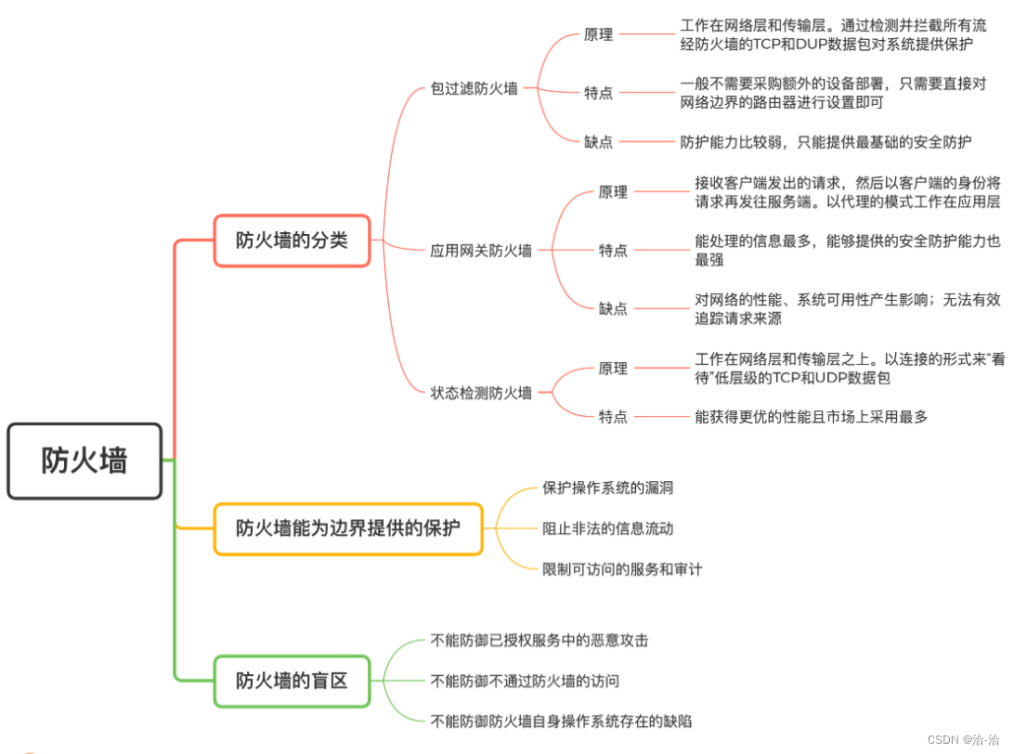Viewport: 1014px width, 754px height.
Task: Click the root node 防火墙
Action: coord(84,461)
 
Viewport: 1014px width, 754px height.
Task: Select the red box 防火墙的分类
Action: coord(292,240)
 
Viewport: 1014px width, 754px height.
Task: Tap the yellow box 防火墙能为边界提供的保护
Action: coord(347,528)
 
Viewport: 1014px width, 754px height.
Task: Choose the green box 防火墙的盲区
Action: coord(292,681)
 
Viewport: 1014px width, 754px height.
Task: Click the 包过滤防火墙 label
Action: coord(474,89)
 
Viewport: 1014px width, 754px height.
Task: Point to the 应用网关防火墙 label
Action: coord(481,250)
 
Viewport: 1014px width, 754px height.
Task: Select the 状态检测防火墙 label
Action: coord(481,393)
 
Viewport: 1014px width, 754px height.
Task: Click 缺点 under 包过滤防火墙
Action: coord(598,142)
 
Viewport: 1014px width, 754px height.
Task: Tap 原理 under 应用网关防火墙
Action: coord(613,192)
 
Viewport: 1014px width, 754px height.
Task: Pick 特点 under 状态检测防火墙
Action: coord(613,417)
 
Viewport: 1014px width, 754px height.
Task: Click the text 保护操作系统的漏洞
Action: coord(607,487)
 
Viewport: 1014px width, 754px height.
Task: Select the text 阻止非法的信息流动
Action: coord(607,528)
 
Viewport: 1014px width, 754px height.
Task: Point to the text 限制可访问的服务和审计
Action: coord(622,569)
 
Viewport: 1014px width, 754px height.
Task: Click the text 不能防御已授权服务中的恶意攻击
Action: coord(539,640)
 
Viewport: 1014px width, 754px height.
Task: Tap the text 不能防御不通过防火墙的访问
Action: coord(525,681)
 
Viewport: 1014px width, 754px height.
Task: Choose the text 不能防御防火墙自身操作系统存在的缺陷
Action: coord(561,721)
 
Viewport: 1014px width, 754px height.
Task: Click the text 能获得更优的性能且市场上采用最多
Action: coord(811,417)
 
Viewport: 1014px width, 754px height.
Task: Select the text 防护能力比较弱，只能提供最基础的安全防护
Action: coord(825,142)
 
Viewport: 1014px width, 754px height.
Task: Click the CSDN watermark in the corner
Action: coord(969,740)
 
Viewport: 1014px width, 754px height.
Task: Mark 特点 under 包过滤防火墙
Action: coord(598,93)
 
